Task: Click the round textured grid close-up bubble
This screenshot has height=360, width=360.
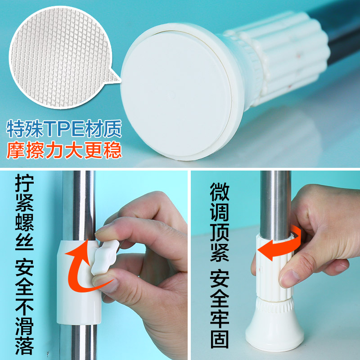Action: point(60,58)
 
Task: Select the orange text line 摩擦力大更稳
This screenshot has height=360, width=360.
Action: point(64,150)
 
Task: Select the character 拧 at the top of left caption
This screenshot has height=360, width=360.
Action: point(24,183)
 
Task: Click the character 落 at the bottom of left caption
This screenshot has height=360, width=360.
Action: point(24,346)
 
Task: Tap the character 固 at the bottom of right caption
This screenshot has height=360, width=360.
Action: point(220,339)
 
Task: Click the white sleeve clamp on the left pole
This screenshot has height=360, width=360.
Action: point(78,283)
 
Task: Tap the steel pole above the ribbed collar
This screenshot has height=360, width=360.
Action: point(275,204)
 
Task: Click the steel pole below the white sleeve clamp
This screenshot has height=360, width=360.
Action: point(78,342)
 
